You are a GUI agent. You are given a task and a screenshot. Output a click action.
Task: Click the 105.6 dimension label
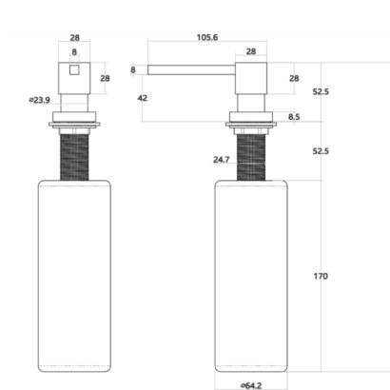(x=207, y=37)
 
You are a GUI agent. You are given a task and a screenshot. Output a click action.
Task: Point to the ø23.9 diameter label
(x=40, y=100)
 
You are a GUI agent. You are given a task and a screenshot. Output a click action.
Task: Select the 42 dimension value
(x=143, y=98)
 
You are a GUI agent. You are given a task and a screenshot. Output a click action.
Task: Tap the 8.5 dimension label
(x=294, y=117)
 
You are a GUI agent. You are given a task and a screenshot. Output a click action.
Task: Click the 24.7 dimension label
(x=222, y=160)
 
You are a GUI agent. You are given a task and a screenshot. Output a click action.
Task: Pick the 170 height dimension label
(x=321, y=277)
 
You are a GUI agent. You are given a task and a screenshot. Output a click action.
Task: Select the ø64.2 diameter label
(x=251, y=385)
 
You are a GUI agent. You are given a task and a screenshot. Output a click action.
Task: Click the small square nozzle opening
(x=74, y=69)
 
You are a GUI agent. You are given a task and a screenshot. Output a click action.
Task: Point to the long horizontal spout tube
(x=191, y=69)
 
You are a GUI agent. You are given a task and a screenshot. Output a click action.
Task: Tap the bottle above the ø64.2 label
(x=251, y=276)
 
